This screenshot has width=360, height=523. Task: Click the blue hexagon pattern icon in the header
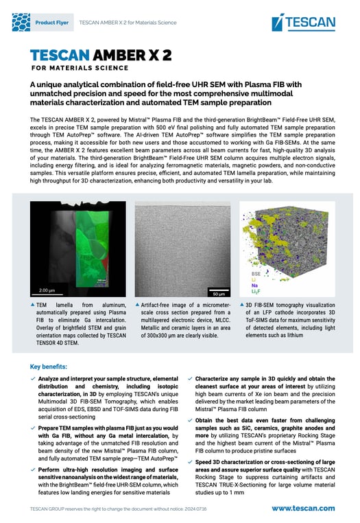coord(21,23)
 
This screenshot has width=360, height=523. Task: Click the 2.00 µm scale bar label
coord(46,290)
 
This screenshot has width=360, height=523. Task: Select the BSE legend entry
coord(247,273)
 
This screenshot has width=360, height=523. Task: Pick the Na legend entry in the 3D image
coord(245,286)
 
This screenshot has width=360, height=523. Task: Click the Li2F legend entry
coord(247,292)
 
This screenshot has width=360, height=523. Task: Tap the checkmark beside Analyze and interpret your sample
coord(34,378)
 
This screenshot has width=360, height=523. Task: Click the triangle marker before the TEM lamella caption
coord(34,303)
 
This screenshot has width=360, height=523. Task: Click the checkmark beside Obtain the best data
coord(189,419)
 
